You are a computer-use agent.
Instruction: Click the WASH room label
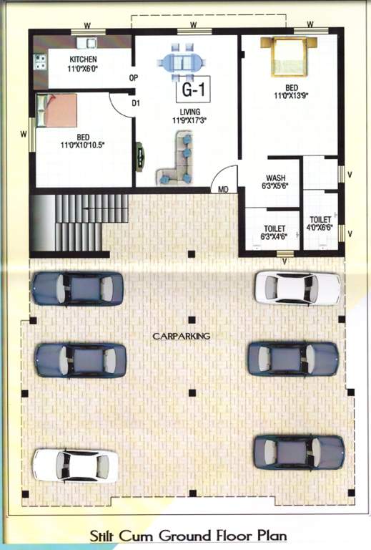pos(276,177)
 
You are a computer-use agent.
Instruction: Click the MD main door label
pos(224,190)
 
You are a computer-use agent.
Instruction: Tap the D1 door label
pos(136,103)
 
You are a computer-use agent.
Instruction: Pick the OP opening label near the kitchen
pos(133,77)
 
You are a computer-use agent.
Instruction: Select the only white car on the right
pos(297,287)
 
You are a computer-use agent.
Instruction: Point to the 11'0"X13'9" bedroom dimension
pos(291,95)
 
